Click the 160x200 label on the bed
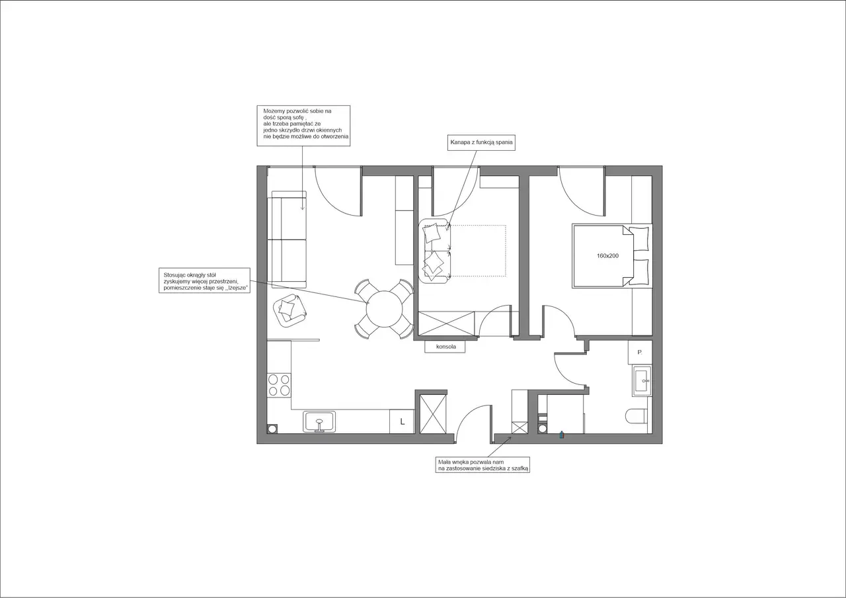607,256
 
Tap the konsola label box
445,347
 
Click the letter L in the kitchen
403,421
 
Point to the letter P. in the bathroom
640,353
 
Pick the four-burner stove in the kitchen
279,385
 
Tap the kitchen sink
319,422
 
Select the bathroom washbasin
642,380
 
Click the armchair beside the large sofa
289,311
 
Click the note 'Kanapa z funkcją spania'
481,142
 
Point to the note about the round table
204,280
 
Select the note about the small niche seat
482,465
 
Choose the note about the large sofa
303,126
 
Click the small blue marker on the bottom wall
562,435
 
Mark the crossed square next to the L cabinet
433,414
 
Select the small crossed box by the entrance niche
519,428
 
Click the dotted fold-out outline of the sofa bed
478,251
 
